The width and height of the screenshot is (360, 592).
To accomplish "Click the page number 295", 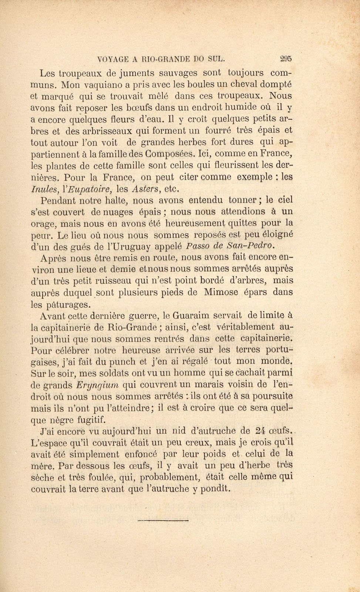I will [286, 58].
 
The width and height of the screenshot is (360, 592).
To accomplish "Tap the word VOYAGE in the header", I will [112, 58].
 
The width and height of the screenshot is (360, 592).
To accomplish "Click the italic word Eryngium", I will [97, 385].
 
